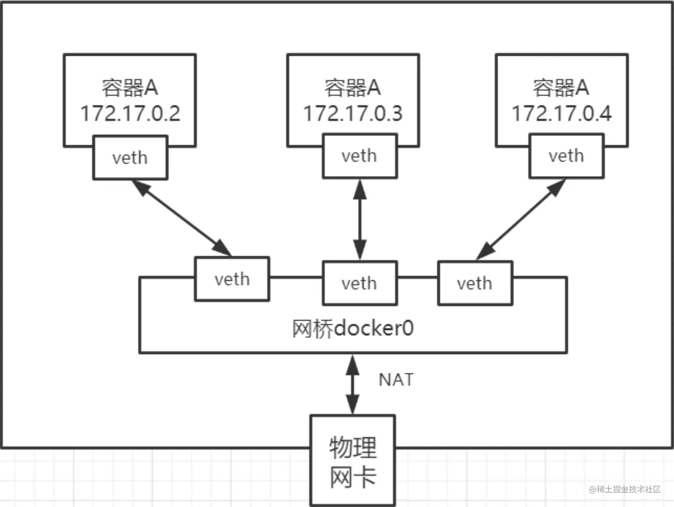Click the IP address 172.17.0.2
click(130, 113)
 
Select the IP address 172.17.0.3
click(353, 113)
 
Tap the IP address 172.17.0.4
click(562, 113)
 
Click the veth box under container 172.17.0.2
click(130, 158)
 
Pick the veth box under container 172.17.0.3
click(359, 156)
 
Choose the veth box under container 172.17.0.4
click(566, 156)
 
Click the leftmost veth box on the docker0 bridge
click(232, 279)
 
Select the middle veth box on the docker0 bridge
click(359, 283)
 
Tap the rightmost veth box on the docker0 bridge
click(475, 283)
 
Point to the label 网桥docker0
click(353, 329)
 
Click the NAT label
click(396, 380)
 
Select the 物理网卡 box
click(353, 461)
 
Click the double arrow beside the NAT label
click(353, 384)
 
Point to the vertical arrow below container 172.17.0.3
click(360, 220)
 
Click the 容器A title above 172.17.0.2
click(130, 88)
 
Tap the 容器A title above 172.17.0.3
click(353, 88)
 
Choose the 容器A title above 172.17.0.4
click(561, 88)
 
